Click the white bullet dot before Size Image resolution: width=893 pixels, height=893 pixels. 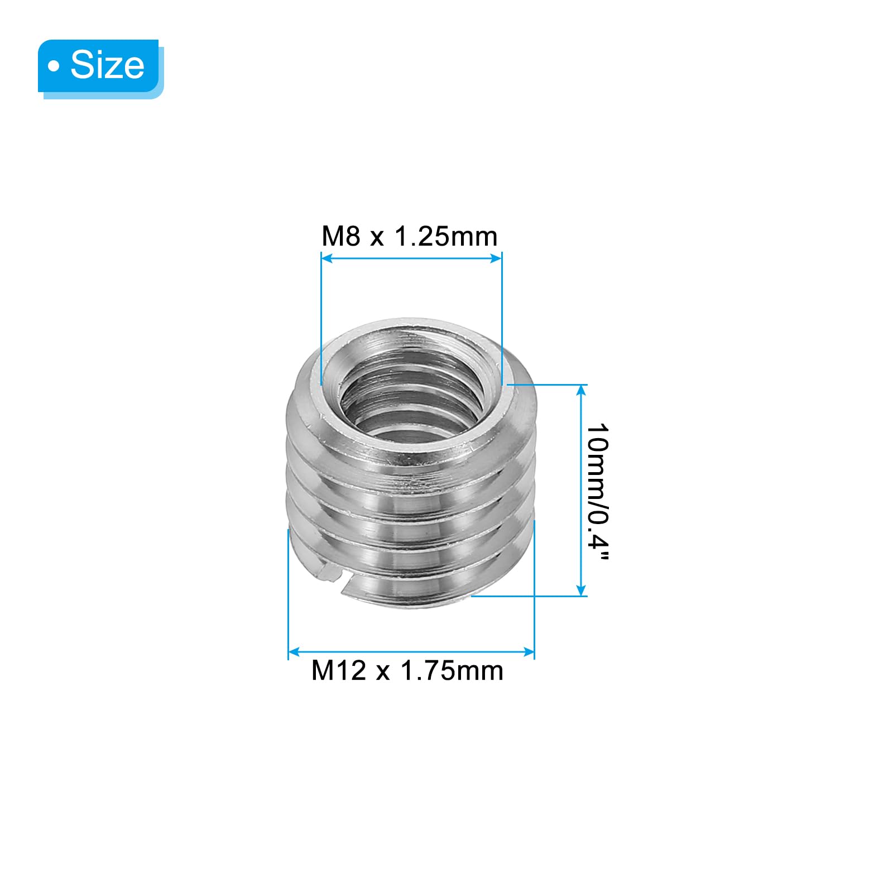54,66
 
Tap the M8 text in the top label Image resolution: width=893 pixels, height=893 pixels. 341,236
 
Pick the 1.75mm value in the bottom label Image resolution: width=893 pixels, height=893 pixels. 452,670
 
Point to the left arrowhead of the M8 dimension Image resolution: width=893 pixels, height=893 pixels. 327,258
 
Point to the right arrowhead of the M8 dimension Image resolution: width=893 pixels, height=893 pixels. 496,258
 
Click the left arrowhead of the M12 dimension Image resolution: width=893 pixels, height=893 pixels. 294,652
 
